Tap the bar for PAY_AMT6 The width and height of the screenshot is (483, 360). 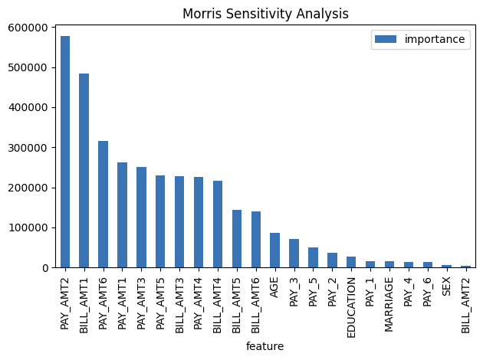pos(103,205)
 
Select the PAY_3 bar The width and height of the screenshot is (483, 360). pos(294,254)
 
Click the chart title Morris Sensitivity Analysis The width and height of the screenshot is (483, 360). pos(264,14)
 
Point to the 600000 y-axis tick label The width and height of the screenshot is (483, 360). pos(28,28)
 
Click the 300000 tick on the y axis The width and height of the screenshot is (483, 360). pos(28,148)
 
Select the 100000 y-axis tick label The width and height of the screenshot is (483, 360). pos(28,227)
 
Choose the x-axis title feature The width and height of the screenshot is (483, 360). pos(264,346)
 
